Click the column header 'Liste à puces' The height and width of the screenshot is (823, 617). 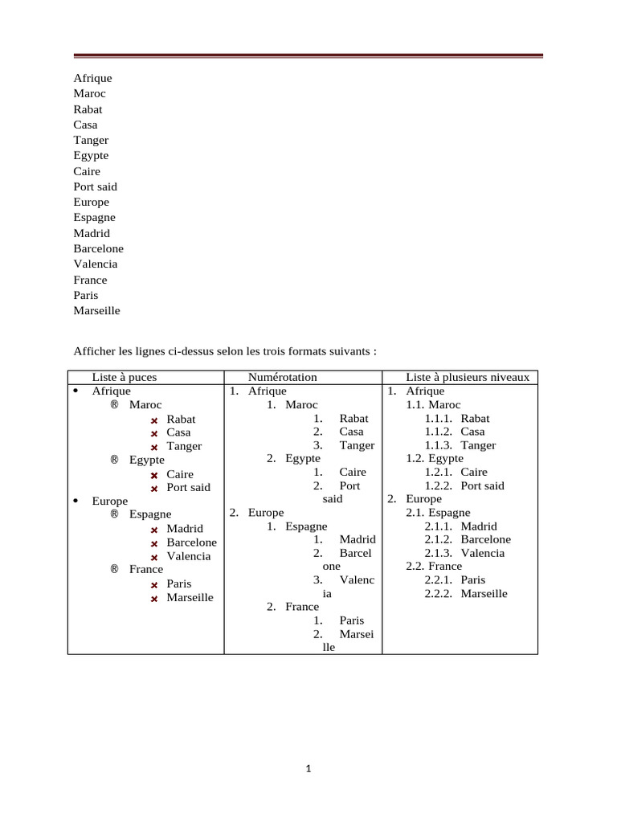(x=124, y=377)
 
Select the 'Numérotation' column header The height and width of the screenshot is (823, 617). (x=282, y=377)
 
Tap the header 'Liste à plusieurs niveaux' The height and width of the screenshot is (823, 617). (x=468, y=377)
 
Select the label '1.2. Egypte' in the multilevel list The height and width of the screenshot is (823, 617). (x=434, y=458)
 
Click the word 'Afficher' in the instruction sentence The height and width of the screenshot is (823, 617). (x=94, y=351)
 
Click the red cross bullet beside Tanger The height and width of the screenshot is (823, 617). (x=153, y=448)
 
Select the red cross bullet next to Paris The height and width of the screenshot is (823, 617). (x=153, y=585)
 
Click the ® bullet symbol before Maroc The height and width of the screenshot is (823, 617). (x=114, y=404)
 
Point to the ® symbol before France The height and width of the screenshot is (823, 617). (x=114, y=569)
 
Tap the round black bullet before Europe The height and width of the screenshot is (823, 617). (x=75, y=501)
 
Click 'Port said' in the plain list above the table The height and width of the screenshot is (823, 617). (x=95, y=186)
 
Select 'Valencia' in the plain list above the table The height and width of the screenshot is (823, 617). (x=95, y=264)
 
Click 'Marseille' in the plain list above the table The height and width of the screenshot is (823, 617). (x=96, y=310)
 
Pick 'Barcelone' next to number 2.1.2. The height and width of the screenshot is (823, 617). (x=485, y=539)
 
